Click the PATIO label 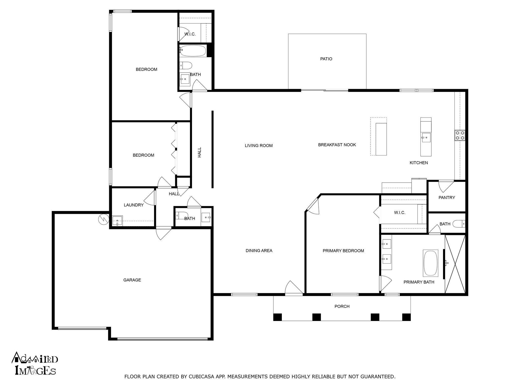coord(326,59)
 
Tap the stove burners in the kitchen coord(460,135)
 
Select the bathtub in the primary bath coord(430,263)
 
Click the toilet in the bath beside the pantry coord(459,224)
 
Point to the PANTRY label coord(447,198)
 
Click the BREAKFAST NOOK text coord(337,145)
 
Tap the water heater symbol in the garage coord(103,219)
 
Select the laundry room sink coord(117,221)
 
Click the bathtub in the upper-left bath coord(193,51)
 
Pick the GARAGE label coord(132,280)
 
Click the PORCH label coord(342,306)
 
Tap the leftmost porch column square coord(278,317)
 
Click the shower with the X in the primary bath coord(455,264)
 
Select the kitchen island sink coord(426,138)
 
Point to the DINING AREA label coord(259,251)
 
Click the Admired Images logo coord(35,363)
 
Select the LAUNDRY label coord(134,205)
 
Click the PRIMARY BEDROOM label coord(343,251)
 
